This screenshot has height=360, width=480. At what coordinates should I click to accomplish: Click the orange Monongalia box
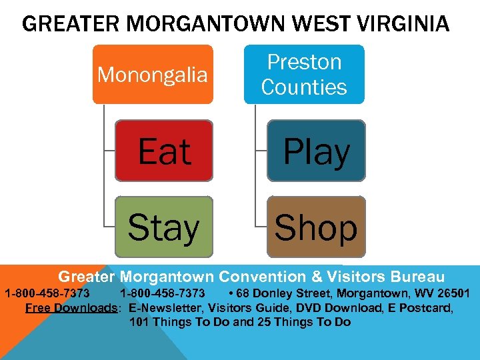pos(153,74)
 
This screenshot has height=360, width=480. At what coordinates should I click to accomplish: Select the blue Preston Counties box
pos(304,74)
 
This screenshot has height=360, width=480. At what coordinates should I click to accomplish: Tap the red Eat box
pos(165,151)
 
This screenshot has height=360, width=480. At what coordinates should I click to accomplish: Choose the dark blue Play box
pos(317,151)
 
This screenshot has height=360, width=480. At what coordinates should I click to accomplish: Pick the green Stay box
pos(163,227)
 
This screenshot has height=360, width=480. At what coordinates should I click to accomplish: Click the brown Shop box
pos(316,227)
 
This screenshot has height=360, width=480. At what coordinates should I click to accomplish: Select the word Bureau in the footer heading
pos(418,277)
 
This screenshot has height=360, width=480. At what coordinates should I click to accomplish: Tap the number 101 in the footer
pos(139,322)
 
